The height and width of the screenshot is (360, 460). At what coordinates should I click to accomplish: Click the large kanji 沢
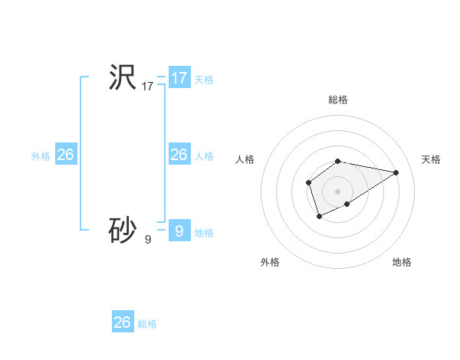[122, 77]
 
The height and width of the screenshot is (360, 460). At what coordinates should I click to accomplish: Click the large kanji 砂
[122, 229]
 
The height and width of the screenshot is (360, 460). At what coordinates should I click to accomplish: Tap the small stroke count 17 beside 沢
[148, 87]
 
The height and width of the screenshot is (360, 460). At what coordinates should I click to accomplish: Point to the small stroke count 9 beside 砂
[148, 240]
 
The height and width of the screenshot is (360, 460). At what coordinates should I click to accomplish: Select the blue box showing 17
[179, 78]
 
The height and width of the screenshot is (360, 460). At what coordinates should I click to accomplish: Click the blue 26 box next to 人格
[179, 155]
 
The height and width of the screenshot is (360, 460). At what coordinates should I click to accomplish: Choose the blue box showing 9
[179, 231]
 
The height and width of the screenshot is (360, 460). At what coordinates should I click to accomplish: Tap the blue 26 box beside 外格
[65, 155]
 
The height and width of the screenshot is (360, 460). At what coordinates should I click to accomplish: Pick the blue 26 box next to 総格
[123, 322]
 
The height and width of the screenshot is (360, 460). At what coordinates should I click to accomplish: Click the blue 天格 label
[204, 80]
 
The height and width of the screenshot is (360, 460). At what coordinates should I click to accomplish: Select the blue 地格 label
[204, 233]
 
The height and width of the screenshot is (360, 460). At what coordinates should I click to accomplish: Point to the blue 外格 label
[41, 156]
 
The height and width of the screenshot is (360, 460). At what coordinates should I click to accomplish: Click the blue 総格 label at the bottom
[147, 324]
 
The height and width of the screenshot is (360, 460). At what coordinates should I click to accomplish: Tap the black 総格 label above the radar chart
[338, 100]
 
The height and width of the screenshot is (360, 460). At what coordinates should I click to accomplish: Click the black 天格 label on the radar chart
[431, 159]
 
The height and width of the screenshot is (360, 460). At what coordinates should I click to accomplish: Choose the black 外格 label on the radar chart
[269, 262]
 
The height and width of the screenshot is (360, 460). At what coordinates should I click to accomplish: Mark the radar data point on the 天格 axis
[396, 172]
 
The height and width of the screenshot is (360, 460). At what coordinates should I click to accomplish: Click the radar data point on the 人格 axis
[308, 182]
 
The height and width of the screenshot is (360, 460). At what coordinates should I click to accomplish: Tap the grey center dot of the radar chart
[338, 191]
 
